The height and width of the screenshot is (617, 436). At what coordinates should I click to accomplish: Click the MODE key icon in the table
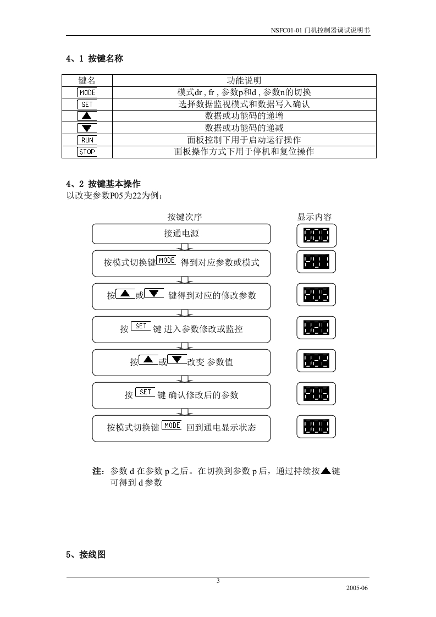(x=87, y=92)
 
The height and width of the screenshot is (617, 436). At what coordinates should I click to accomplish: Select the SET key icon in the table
(x=87, y=104)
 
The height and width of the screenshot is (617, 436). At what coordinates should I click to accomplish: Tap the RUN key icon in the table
(x=87, y=140)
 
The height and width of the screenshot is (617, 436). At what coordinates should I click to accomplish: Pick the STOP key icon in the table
(x=87, y=152)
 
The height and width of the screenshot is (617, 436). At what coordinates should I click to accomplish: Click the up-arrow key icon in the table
(x=87, y=116)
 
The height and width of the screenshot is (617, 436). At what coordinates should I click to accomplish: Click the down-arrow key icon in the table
(x=87, y=128)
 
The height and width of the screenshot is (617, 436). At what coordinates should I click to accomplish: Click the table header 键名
(x=87, y=80)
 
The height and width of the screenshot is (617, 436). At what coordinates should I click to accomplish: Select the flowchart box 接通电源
(x=181, y=233)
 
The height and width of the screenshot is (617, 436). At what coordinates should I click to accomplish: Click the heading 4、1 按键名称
(x=94, y=58)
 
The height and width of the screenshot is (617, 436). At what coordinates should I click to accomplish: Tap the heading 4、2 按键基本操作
(x=103, y=184)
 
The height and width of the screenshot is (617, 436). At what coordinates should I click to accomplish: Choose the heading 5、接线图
(x=85, y=555)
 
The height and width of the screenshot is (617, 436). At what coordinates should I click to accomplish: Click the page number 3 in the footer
(x=218, y=581)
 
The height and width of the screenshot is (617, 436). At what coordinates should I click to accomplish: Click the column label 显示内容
(x=314, y=217)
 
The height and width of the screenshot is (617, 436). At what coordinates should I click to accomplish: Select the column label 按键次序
(x=181, y=217)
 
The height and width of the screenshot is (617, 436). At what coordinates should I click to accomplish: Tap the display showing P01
(x=316, y=262)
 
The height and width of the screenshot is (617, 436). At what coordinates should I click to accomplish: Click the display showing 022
(x=316, y=361)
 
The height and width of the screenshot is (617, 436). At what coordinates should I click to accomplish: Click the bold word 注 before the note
(x=97, y=471)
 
